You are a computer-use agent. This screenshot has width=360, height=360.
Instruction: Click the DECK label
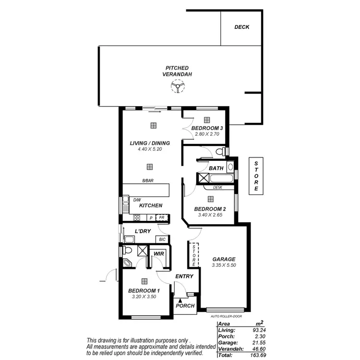tap(242, 27)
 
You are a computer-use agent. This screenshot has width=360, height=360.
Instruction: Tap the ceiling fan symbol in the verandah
tap(177, 86)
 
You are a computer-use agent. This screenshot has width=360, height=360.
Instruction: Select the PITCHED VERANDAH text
tap(177, 72)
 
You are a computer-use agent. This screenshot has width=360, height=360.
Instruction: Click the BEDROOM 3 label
tap(207, 128)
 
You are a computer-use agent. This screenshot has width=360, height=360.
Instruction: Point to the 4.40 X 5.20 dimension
tap(150, 149)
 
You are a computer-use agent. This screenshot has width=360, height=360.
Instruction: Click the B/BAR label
tap(148, 180)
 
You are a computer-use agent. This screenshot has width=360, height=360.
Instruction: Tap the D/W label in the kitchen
tap(137, 200)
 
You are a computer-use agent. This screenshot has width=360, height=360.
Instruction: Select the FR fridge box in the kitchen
tap(162, 217)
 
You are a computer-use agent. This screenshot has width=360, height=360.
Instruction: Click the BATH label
tap(216, 168)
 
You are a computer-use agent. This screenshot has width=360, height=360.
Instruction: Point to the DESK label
tap(217, 188)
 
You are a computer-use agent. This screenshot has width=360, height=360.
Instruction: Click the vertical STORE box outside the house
tap(256, 176)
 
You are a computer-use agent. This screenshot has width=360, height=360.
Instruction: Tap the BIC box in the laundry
tap(162, 239)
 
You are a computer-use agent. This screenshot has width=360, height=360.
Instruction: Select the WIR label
tap(158, 253)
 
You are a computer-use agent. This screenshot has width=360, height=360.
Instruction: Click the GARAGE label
tap(224, 259)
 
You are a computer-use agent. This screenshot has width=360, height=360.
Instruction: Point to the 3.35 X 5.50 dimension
tap(224, 265)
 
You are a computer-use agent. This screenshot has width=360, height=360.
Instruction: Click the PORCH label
tap(185, 306)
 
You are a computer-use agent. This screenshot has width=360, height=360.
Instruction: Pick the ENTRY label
tap(184, 276)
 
